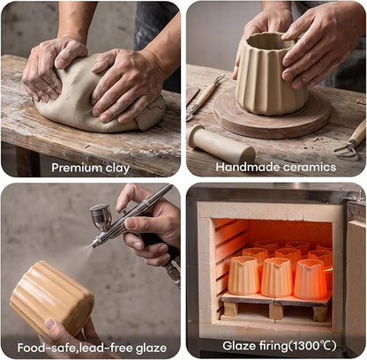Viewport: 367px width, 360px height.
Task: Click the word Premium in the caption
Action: point(77,168)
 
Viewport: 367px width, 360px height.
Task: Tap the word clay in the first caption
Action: point(117,168)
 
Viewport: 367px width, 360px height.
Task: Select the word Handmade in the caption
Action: point(248,167)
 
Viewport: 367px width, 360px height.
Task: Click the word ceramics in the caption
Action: point(310,167)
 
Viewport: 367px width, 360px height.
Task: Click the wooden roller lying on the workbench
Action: point(221,144)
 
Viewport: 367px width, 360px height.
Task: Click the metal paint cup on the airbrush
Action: point(101,217)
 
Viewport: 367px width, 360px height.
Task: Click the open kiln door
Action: point(355,274)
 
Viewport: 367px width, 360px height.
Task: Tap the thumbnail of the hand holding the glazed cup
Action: point(50,325)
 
